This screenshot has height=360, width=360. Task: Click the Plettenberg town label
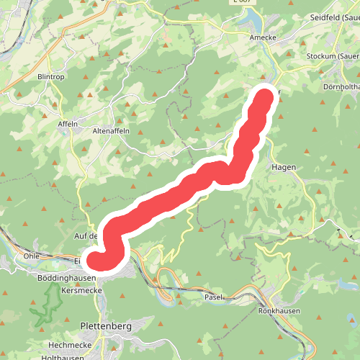[106, 325]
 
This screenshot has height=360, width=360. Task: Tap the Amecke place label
[262, 37]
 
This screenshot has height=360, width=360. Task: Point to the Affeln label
[68, 123]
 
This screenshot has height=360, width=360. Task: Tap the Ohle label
[31, 255]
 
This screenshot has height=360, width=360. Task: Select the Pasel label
[214, 297]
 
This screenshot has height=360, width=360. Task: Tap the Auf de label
[85, 235]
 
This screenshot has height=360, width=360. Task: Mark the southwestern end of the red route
[96, 260]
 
